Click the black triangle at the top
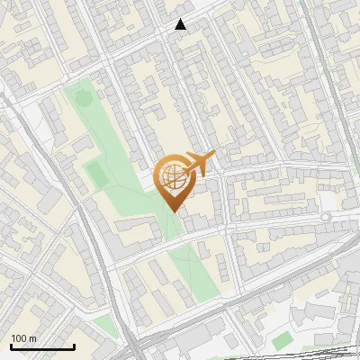point(181,24)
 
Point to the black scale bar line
point(42,346)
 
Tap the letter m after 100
point(33,338)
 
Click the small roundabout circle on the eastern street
point(326,217)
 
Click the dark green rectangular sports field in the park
point(94,172)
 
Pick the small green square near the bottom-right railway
point(283,339)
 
